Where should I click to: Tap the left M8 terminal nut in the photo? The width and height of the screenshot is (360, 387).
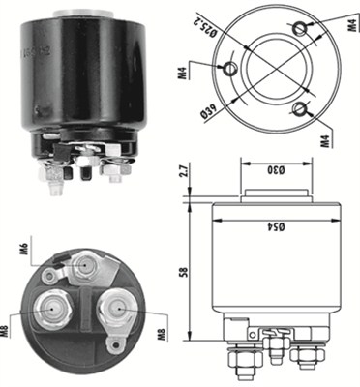click(53, 310)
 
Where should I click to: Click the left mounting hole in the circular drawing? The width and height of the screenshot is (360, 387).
click(232, 68)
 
